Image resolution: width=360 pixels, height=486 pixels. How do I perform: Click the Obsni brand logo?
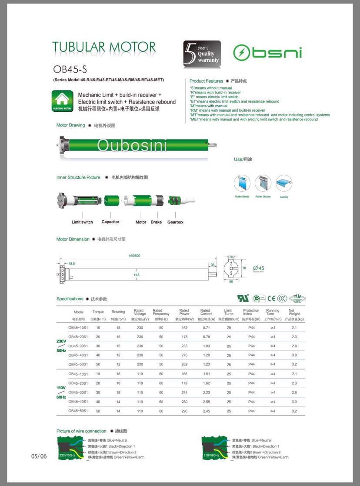click(x=267, y=53)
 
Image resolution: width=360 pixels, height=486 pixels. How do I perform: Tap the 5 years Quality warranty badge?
click(x=202, y=54)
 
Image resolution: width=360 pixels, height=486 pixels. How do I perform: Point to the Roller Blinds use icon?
click(x=242, y=183)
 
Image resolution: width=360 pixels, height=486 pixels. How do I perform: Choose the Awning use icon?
click(x=284, y=183)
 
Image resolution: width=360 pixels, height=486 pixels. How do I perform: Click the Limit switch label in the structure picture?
click(x=82, y=222)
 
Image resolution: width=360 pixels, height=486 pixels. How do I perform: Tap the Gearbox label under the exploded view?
click(x=175, y=222)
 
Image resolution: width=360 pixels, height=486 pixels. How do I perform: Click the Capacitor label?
click(x=110, y=222)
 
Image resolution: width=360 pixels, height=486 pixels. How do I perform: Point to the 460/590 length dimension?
click(x=134, y=256)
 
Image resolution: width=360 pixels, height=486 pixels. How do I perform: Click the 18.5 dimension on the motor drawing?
click(x=71, y=264)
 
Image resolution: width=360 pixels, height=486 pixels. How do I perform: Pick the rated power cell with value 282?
click(x=184, y=364)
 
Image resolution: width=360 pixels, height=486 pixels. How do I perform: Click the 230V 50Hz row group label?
click(x=60, y=346)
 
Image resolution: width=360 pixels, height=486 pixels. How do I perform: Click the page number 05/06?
click(x=38, y=456)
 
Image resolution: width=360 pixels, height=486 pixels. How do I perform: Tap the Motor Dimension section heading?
click(x=73, y=239)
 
